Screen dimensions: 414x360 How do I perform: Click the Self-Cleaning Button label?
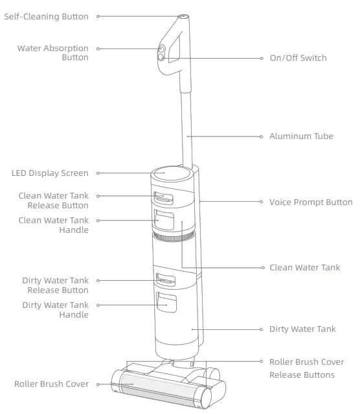(46, 17)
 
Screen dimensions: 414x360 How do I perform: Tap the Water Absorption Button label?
(52, 52)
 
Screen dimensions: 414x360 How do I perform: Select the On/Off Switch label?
(298, 58)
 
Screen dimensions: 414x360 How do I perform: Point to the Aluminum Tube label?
(301, 136)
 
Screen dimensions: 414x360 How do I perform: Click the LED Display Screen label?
(50, 173)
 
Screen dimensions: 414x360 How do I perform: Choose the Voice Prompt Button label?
(311, 202)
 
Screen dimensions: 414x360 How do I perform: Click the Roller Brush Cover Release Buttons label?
(306, 368)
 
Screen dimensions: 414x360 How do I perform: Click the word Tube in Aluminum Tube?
(322, 136)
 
